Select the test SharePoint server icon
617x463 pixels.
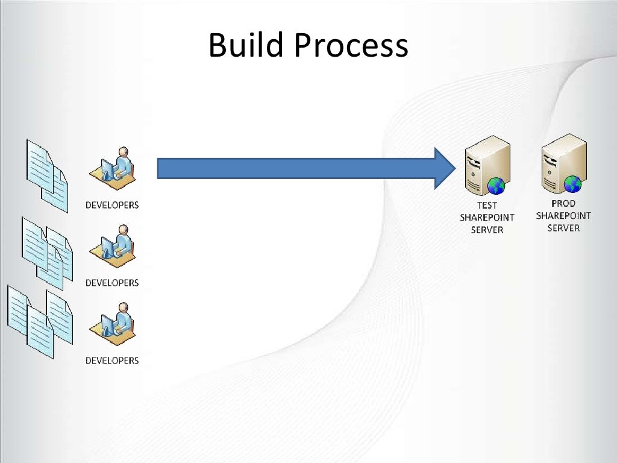[485, 165]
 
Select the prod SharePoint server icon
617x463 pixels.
[563, 163]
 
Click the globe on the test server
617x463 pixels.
[496, 186]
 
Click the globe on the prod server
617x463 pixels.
[572, 183]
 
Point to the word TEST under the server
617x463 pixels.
[487, 205]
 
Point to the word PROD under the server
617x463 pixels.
[563, 203]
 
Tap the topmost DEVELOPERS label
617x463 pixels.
[112, 205]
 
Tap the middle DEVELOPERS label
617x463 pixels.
[112, 283]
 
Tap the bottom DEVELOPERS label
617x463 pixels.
[112, 361]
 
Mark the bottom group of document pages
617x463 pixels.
[40, 323]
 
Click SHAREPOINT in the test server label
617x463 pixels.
[487, 217]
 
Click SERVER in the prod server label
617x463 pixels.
[563, 228]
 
